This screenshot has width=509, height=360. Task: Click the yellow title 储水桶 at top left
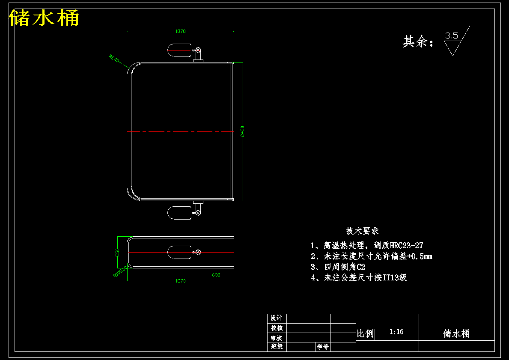pyautogui.click(x=44, y=18)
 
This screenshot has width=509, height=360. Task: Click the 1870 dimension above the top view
pyautogui.click(x=181, y=31)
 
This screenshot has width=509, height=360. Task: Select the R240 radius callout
pyautogui.click(x=114, y=59)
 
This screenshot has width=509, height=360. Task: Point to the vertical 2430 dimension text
pyautogui.click(x=242, y=131)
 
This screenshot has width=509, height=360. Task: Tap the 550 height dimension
pyautogui.click(x=118, y=253)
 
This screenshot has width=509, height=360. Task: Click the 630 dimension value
pyautogui.click(x=216, y=275)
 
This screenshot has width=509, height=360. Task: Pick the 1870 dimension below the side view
pyautogui.click(x=181, y=281)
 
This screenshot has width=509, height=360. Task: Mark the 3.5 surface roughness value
pyautogui.click(x=452, y=36)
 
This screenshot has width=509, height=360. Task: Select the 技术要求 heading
pyautogui.click(x=363, y=231)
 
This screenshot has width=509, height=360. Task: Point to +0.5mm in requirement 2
pyautogui.click(x=420, y=256)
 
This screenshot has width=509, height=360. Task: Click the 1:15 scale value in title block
pyautogui.click(x=397, y=332)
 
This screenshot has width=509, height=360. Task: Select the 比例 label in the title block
pyautogui.click(x=365, y=334)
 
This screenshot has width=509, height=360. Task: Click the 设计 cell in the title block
pyautogui.click(x=277, y=318)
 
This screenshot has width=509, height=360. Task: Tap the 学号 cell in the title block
pyautogui.click(x=322, y=347)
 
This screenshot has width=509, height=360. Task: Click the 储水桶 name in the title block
pyautogui.click(x=456, y=334)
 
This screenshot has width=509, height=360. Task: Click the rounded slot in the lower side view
pyautogui.click(x=179, y=252)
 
